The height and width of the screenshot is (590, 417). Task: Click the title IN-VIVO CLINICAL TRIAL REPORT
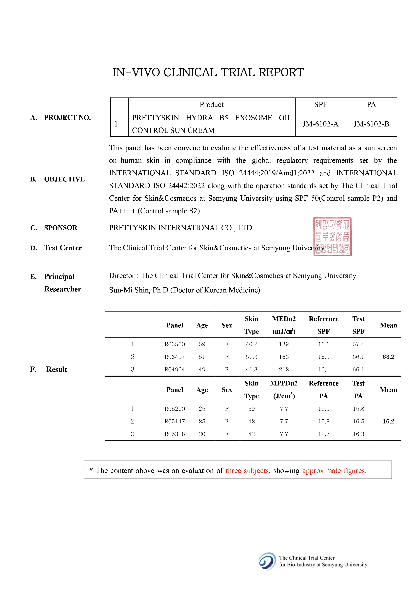point(208,72)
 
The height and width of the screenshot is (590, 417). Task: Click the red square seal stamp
point(332,237)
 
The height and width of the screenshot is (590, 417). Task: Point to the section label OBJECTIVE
point(64,179)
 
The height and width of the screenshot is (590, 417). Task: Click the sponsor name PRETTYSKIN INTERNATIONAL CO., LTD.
point(181,228)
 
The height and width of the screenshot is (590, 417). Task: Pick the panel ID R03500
point(175,344)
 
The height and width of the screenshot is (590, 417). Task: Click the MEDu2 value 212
point(284,369)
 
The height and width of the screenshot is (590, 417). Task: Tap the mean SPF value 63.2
point(388,357)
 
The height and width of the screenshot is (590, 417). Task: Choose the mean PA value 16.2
point(388,421)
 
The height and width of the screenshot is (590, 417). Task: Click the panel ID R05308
point(175,434)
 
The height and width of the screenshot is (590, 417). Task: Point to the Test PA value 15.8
point(358,409)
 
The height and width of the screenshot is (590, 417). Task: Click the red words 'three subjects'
point(247,471)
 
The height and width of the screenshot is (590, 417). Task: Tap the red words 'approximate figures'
point(334,471)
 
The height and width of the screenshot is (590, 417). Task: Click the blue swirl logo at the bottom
point(267,561)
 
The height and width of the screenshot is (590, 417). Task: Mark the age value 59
point(202,344)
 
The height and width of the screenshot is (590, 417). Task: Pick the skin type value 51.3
point(251,357)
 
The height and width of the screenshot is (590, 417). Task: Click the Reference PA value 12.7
point(324,434)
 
